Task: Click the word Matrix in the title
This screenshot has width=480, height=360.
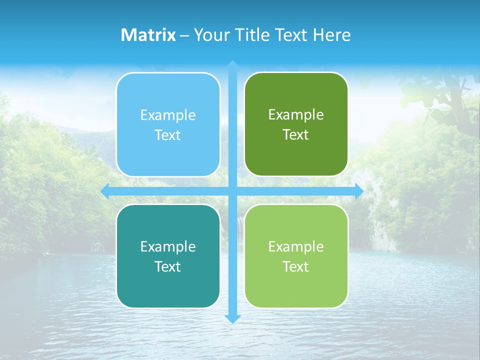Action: [x=148, y=35]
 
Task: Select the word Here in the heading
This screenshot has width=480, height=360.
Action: [x=331, y=35]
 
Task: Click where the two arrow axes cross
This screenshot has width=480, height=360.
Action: [x=232, y=191]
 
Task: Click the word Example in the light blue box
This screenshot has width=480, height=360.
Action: [x=168, y=115]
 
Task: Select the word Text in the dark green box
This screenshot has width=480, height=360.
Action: [x=296, y=135]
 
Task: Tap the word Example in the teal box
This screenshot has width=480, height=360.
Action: [x=168, y=247]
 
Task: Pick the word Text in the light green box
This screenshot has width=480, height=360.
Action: [x=296, y=266]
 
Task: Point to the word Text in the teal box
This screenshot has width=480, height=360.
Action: [x=168, y=266]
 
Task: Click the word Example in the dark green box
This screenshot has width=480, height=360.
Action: [x=296, y=115]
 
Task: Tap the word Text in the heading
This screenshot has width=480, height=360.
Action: [x=290, y=35]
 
